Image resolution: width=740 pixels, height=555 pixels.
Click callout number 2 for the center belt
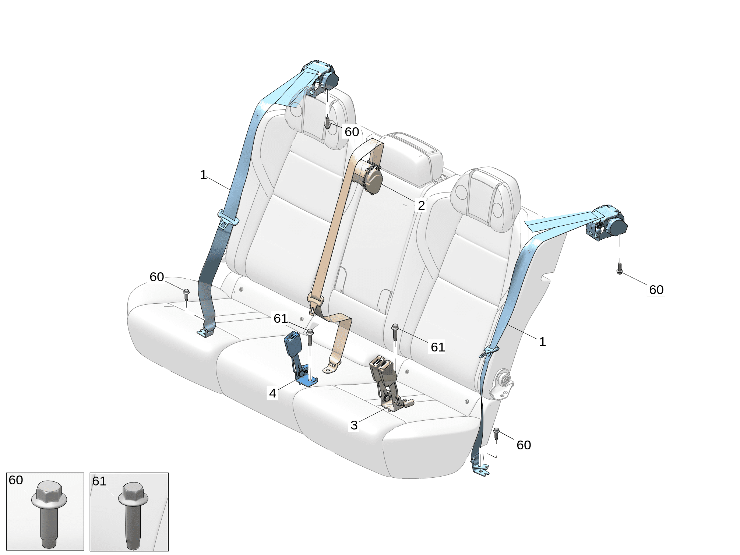click(x=421, y=205)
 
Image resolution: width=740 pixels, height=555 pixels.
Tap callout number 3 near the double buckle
click(x=354, y=425)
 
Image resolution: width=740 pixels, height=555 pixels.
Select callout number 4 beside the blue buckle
click(x=272, y=393)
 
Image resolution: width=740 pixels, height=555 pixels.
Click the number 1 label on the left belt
click(x=203, y=174)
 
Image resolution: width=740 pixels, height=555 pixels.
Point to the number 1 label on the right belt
click(x=542, y=342)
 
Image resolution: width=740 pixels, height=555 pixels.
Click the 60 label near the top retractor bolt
click(x=352, y=131)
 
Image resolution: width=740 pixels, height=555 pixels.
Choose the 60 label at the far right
click(x=656, y=290)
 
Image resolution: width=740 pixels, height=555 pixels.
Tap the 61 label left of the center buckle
click(x=281, y=318)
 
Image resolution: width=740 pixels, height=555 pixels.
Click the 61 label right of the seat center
click(x=438, y=347)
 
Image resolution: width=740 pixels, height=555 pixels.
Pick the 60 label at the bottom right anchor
click(x=524, y=445)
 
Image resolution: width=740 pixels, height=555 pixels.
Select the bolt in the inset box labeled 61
click(x=133, y=515)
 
